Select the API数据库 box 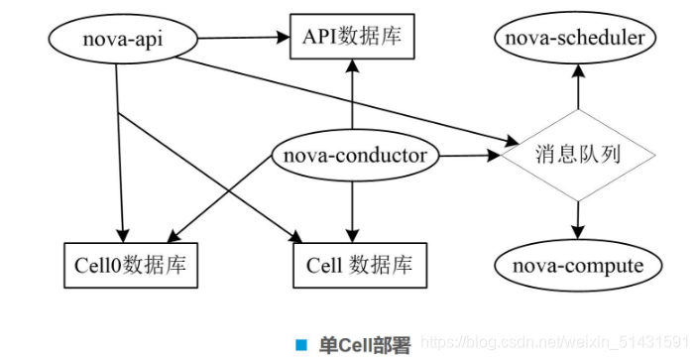tap(352, 40)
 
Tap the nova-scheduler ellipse tap(575, 40)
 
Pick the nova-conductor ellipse tap(354, 156)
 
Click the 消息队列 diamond tap(576, 155)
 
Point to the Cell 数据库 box tap(354, 265)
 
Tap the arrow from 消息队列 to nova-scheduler tap(576, 94)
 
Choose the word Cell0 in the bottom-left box tap(97, 265)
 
